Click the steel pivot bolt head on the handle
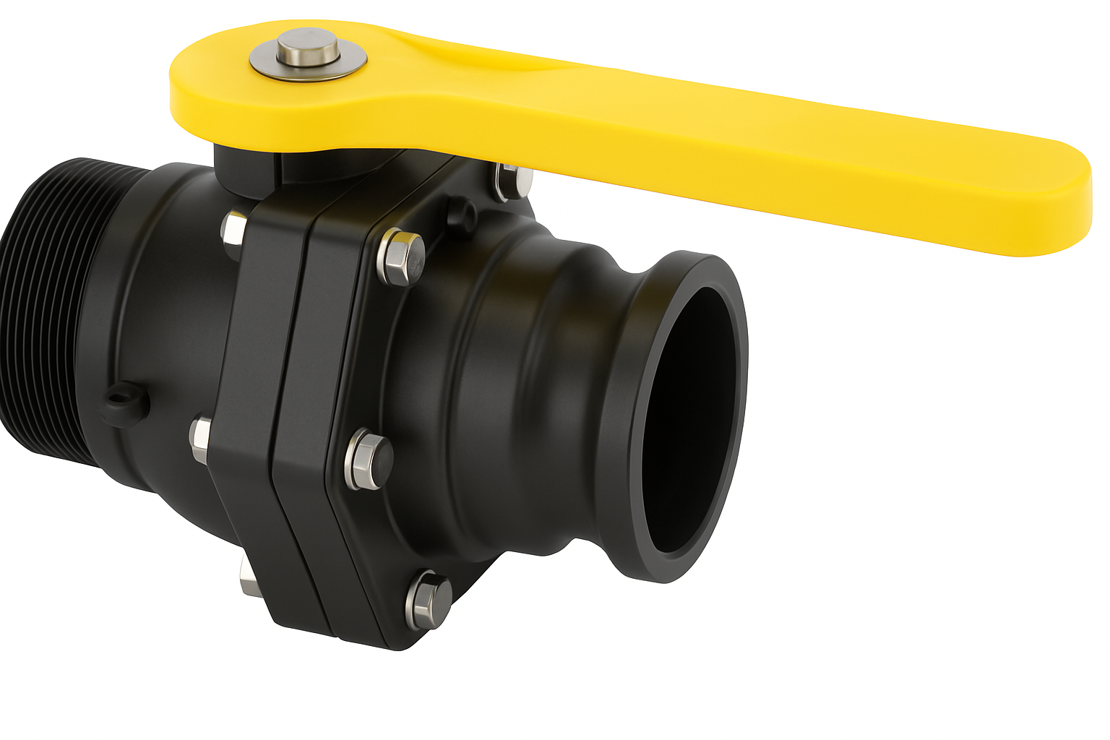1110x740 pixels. click(309, 46)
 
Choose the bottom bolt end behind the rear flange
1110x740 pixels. click(249, 577)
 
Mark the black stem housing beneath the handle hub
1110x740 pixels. click(246, 171)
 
